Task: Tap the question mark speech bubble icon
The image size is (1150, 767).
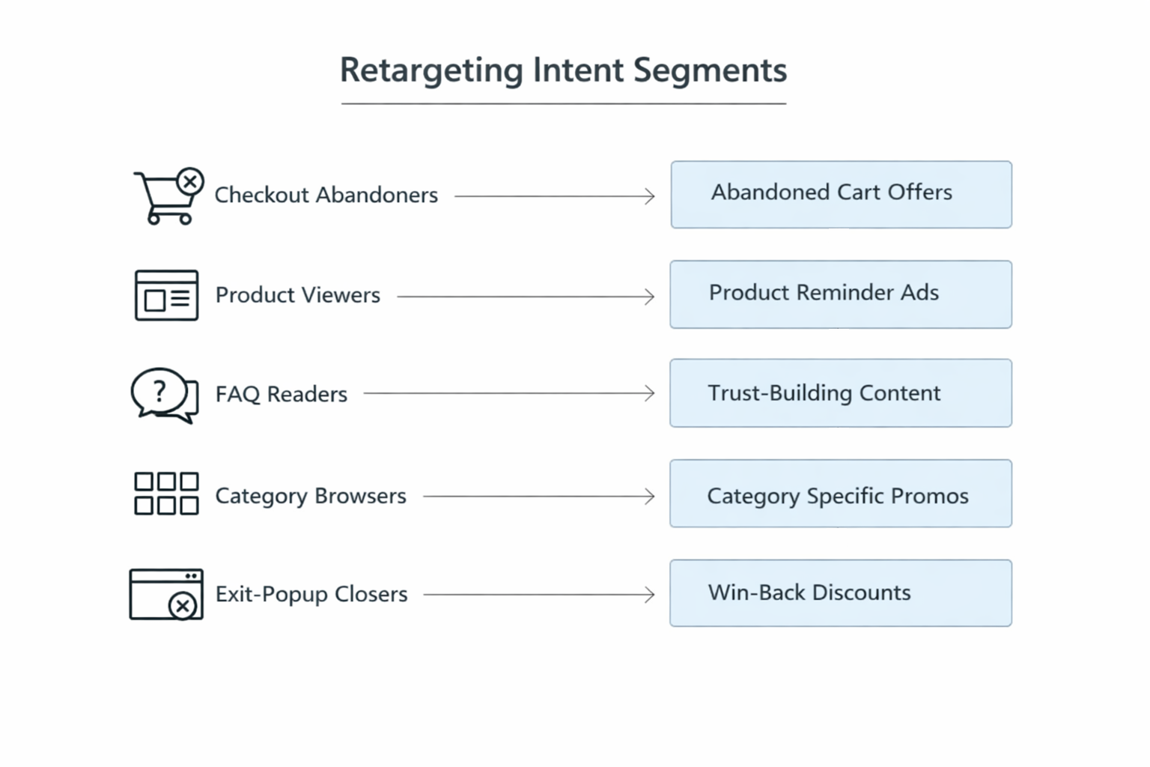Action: [x=164, y=395]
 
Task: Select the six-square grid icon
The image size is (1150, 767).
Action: [x=166, y=494]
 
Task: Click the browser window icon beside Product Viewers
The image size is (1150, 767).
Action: [x=166, y=295]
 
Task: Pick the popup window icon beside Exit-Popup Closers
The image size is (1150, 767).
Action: [x=165, y=595]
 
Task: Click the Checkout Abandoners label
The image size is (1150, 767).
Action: [x=326, y=195]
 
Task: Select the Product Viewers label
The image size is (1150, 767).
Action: [x=297, y=295]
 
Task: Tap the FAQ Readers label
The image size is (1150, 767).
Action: [x=281, y=394]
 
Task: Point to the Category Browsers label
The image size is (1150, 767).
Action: [x=310, y=496]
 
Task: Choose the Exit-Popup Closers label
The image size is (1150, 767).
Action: [x=311, y=594]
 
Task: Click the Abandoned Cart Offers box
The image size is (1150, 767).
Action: [x=841, y=195]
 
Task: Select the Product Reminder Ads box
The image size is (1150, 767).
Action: [x=841, y=294]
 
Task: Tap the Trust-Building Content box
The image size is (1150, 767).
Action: [x=841, y=393]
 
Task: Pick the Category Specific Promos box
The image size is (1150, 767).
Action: [x=841, y=494]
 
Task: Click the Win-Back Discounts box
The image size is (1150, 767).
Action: [x=841, y=593]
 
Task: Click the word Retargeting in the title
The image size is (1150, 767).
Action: [x=431, y=71]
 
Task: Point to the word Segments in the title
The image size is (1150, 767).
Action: [x=710, y=71]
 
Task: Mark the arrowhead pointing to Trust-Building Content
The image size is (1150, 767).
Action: [x=650, y=393]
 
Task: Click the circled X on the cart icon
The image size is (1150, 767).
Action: [x=190, y=181]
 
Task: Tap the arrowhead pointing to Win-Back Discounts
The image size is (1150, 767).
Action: [x=650, y=595]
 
